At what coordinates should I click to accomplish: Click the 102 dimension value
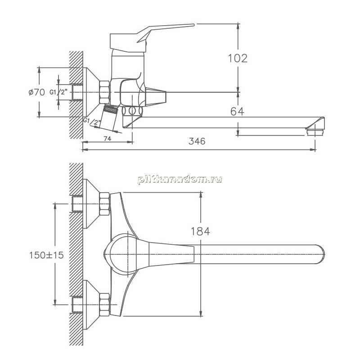238,58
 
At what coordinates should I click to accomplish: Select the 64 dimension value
237,112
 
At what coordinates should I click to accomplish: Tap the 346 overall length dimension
197,141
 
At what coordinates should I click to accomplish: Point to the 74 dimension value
108,139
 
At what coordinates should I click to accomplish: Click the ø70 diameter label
37,92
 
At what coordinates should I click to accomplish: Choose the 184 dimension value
200,231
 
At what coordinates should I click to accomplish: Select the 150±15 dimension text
46,255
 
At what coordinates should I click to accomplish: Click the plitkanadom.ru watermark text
180,179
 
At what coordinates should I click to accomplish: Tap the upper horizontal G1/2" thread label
58,92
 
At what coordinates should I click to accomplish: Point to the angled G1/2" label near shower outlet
92,121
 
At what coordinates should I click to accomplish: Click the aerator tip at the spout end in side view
315,132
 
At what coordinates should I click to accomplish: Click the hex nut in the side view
105,92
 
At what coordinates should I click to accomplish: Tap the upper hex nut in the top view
105,204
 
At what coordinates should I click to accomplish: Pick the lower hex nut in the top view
105,305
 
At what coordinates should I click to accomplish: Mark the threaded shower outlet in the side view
110,109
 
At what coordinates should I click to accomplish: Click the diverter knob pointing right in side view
156,97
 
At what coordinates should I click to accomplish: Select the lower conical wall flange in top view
92,305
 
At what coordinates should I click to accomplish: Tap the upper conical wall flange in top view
92,204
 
